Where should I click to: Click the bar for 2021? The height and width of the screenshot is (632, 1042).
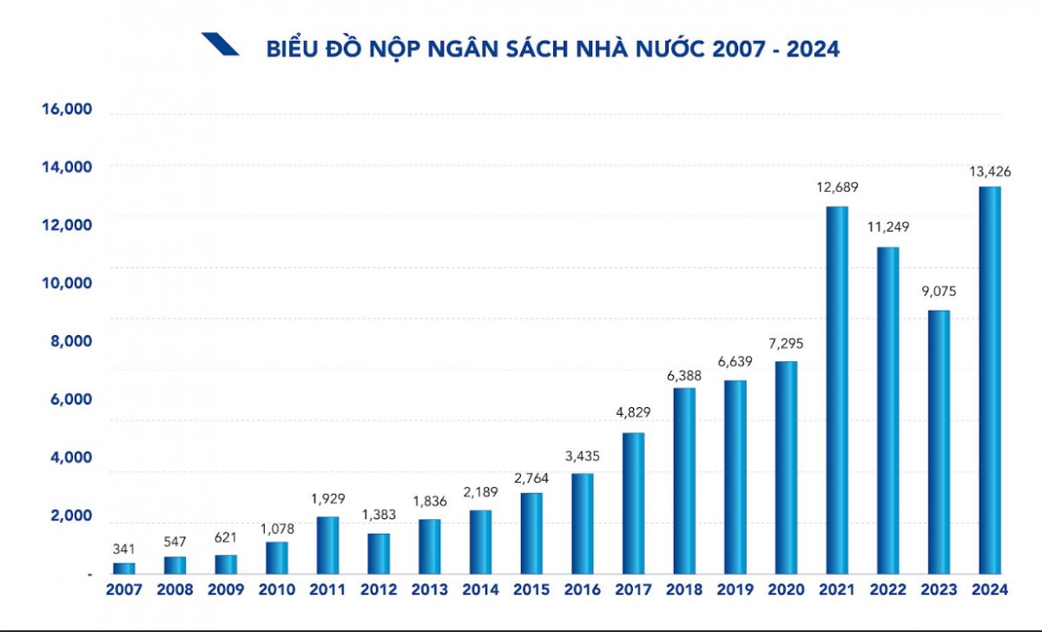coord(837,391)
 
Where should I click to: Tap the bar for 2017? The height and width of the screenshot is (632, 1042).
coord(633,504)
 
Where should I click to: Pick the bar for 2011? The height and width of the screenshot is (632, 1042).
coord(327,545)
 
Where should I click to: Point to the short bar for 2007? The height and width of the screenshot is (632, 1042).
coord(124,569)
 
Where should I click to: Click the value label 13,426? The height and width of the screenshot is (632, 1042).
coord(990,171)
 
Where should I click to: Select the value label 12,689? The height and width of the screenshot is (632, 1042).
coord(837,188)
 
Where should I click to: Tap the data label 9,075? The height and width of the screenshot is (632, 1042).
coord(939,292)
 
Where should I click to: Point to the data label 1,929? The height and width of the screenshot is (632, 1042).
coord(327,498)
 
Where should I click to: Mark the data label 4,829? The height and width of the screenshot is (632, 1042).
coord(633,413)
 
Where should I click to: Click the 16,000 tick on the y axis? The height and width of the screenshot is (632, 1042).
coord(66,109)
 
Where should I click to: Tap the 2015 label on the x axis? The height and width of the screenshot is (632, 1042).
coord(531,589)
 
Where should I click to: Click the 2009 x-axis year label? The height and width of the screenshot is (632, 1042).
coord(226,589)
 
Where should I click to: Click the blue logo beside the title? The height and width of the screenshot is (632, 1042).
coord(220,44)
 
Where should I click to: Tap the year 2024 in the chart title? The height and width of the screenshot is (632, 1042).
coord(813,49)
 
